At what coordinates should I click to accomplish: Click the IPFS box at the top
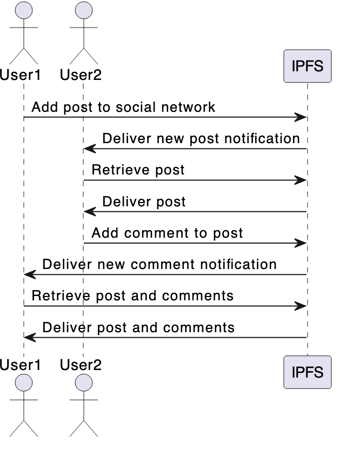(307, 66)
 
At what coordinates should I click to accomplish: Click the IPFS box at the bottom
(307, 372)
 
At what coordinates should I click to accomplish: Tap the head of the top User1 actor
(24, 10)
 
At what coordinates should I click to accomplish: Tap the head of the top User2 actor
(83, 10)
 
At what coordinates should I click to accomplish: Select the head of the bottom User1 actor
(24, 383)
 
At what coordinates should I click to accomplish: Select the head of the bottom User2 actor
(83, 383)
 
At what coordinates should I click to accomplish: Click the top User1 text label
(21, 75)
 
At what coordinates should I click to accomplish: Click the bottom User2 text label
(81, 365)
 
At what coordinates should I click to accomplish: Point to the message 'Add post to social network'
(123, 107)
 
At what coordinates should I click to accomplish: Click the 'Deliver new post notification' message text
(201, 138)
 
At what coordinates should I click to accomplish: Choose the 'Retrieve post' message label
(138, 170)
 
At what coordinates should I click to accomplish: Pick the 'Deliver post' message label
(144, 201)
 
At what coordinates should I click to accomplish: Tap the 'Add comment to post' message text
(167, 233)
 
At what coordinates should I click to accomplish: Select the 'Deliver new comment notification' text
(159, 264)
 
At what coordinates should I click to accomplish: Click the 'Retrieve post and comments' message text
(132, 295)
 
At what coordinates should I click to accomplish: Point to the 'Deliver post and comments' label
(138, 327)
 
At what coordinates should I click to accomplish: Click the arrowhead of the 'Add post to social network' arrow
(302, 117)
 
